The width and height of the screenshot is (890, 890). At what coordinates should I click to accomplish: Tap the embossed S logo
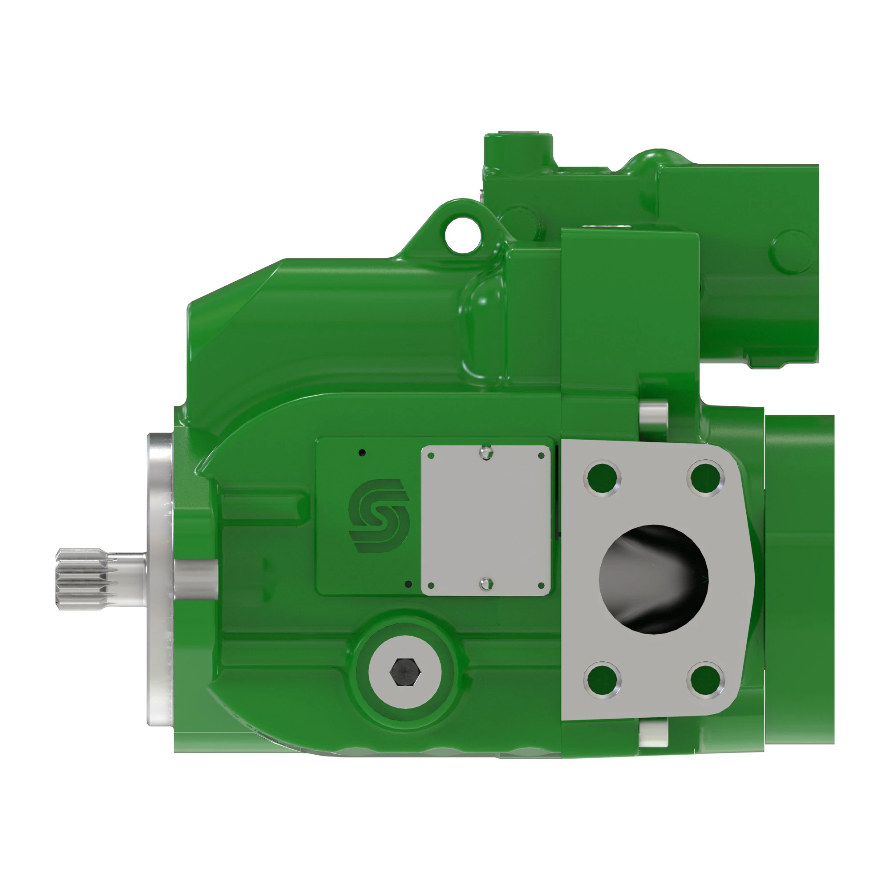pos(379,515)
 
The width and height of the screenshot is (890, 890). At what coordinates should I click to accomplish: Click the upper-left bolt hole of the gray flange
pos(602,478)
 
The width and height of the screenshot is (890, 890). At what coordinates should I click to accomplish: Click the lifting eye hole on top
pos(462,236)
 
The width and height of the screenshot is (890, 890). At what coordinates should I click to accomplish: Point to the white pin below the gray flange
pos(654,732)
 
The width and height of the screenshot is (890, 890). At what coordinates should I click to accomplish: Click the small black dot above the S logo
pos(362,453)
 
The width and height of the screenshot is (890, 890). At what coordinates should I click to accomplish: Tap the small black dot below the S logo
pos(408,584)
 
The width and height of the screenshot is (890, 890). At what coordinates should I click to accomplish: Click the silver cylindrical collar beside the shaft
pos(196,579)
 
